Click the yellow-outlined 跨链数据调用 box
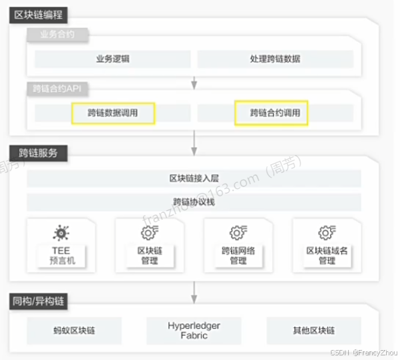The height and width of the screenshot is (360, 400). pos(112,113)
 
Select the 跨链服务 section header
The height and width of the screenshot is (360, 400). pos(38,152)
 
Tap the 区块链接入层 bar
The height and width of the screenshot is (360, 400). pos(194,178)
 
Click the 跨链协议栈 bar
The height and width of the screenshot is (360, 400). pos(194,202)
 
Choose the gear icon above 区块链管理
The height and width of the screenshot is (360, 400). pos(149,233)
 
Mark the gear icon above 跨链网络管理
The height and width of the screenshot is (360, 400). pos(238,233)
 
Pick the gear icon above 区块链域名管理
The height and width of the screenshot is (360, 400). pos(326,233)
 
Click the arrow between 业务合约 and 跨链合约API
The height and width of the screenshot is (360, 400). pos(194,82)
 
